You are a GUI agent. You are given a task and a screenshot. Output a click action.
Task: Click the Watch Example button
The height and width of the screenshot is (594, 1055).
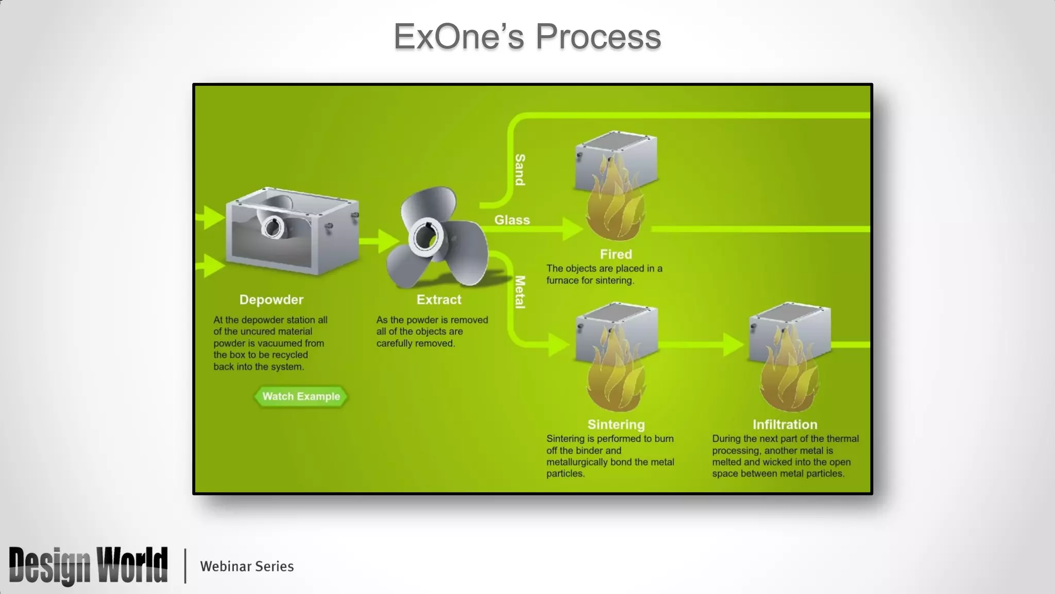(301, 397)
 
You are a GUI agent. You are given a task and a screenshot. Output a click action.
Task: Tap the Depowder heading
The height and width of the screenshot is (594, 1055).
(271, 300)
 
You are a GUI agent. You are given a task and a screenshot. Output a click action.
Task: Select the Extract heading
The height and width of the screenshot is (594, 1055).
(439, 300)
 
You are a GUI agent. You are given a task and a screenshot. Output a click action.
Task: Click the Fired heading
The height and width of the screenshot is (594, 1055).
(616, 254)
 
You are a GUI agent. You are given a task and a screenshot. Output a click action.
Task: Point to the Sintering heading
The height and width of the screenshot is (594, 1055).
(616, 424)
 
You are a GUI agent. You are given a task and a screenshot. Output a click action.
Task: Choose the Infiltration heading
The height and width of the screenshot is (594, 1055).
(785, 424)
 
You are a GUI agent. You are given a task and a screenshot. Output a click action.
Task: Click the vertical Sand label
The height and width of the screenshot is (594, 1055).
(520, 170)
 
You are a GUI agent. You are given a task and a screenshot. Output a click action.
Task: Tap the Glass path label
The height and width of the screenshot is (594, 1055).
(512, 220)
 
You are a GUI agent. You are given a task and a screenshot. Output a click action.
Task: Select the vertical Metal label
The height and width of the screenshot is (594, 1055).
(520, 292)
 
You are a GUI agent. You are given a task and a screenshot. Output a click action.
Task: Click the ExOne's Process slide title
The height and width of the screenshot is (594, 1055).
(527, 37)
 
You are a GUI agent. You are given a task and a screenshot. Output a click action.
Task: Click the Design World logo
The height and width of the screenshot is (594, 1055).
(88, 566)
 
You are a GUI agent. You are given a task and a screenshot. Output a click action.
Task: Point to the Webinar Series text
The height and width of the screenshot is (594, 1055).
(247, 566)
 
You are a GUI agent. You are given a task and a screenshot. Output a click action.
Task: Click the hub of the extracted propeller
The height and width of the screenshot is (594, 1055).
(426, 237)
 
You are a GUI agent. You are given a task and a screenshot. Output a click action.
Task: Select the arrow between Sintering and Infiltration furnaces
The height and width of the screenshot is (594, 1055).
(731, 344)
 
